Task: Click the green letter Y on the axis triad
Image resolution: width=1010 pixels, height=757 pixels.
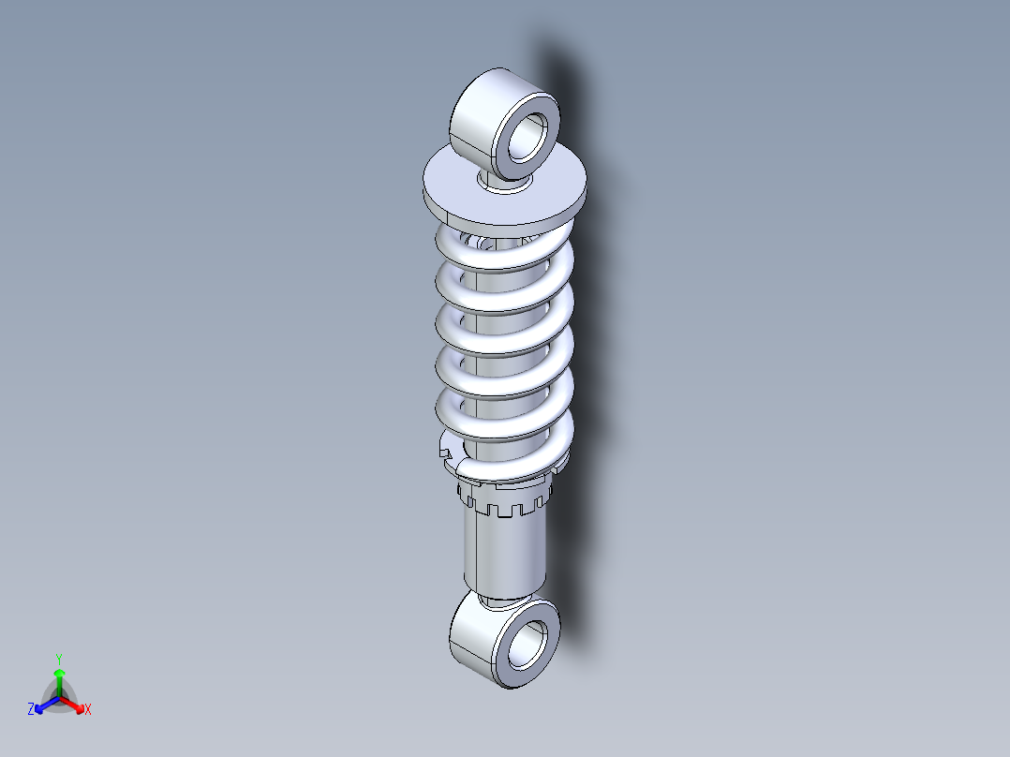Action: pyautogui.click(x=58, y=658)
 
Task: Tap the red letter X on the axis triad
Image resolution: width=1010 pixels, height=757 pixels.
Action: pyautogui.click(x=88, y=710)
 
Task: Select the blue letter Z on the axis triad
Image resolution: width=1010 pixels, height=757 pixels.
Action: pyautogui.click(x=31, y=710)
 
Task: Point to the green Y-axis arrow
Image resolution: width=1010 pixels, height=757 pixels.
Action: pyautogui.click(x=59, y=679)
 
